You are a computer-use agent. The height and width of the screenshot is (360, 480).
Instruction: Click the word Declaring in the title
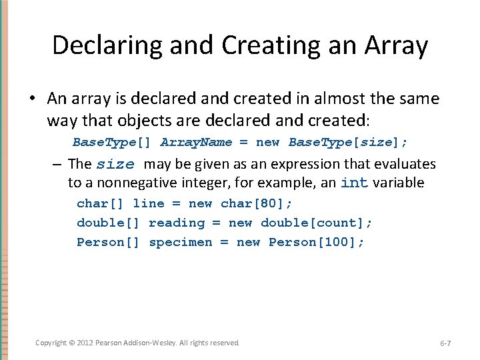tap(106, 45)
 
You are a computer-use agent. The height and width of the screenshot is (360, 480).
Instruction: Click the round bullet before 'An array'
tap(32, 99)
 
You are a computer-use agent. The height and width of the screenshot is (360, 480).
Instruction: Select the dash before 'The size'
tap(58, 164)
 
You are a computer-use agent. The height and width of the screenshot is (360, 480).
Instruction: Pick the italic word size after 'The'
tap(115, 165)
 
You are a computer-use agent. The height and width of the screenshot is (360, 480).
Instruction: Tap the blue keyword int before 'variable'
tap(354, 183)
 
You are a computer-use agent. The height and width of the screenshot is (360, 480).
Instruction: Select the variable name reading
tap(177, 223)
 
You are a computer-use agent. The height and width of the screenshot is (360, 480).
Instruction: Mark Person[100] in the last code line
tap(316, 242)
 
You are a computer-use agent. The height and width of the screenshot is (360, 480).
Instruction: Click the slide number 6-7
tap(445, 343)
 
